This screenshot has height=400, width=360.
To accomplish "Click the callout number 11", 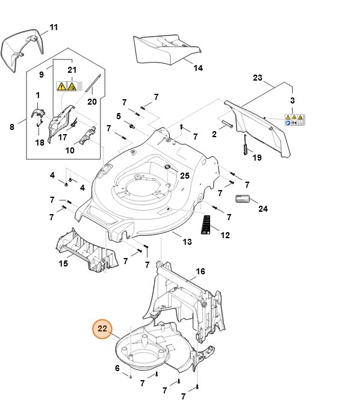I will click(54, 28).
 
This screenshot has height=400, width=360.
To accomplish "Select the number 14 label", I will click(198, 68).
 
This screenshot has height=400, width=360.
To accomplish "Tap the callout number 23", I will click(258, 78).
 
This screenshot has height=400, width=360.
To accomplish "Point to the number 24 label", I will click(263, 209).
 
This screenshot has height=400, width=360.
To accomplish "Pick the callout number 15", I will click(63, 263).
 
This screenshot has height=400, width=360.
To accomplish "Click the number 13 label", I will click(187, 242).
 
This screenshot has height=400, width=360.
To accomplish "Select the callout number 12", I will click(225, 235).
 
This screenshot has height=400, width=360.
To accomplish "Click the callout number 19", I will click(257, 158).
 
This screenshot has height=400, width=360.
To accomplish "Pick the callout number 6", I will click(117, 368).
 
